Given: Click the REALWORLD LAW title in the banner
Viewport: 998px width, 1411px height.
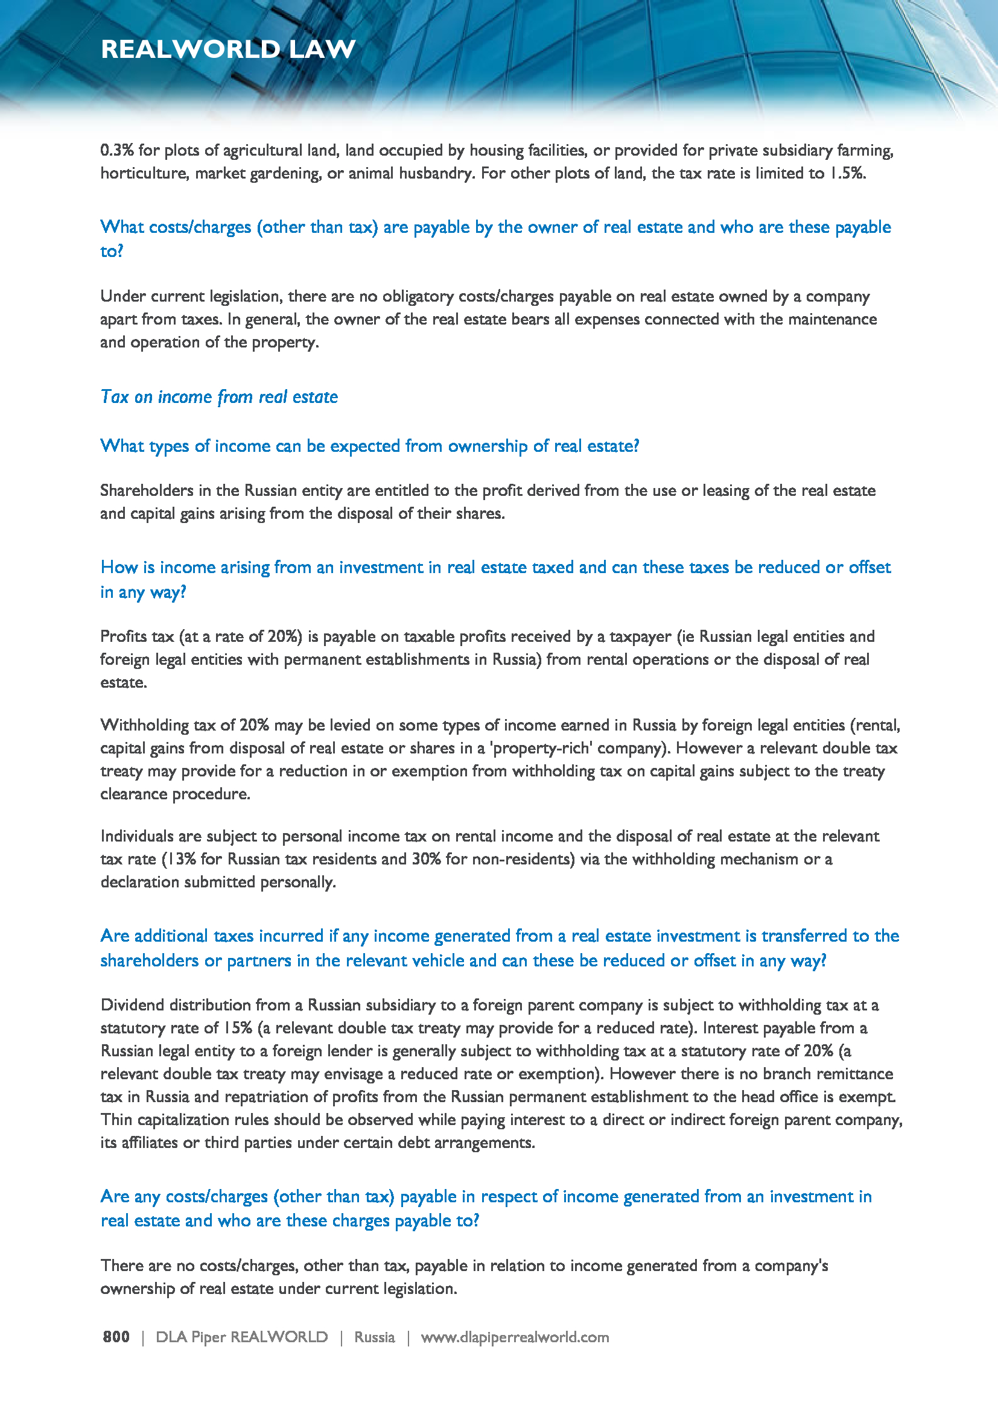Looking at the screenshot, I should click(x=228, y=49).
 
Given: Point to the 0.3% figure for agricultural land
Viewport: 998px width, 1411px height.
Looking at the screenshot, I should click(x=117, y=151).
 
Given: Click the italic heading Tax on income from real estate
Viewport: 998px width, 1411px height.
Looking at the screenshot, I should click(x=219, y=397).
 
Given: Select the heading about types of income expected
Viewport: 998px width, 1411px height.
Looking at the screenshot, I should click(x=369, y=446).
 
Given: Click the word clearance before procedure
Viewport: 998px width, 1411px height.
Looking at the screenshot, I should click(x=133, y=794).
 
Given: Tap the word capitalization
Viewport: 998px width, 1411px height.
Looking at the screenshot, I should click(x=184, y=1120).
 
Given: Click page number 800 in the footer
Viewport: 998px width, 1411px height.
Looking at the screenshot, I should click(x=116, y=1337).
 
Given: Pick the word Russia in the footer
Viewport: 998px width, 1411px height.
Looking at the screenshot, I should click(x=374, y=1337).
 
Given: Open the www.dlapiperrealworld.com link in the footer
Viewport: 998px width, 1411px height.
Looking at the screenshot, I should click(x=514, y=1337).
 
